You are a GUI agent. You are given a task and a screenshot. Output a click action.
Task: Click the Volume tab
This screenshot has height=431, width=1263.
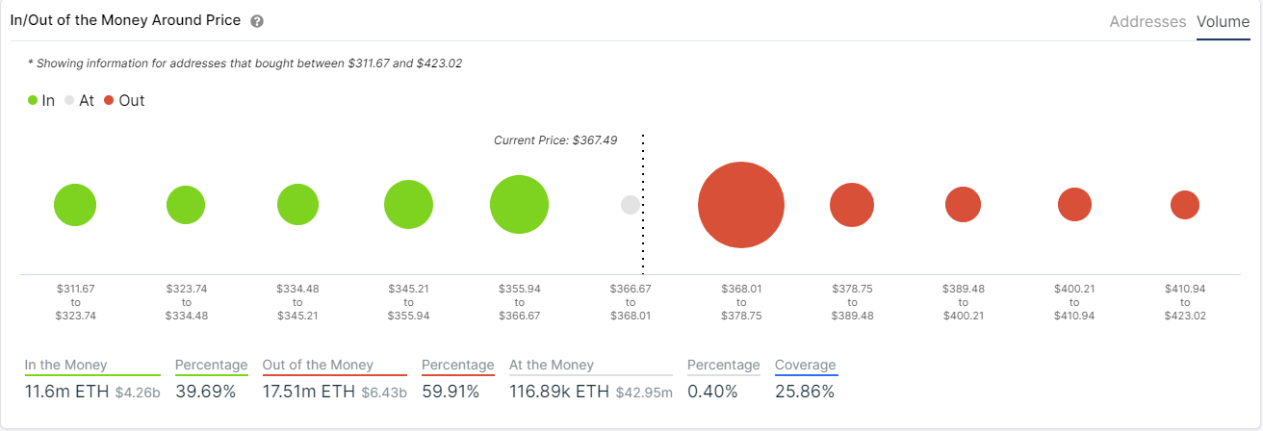(1223, 21)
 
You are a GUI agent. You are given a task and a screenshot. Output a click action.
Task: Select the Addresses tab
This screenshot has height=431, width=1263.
(1147, 21)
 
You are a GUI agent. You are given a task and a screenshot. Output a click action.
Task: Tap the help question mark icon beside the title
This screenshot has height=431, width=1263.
(256, 21)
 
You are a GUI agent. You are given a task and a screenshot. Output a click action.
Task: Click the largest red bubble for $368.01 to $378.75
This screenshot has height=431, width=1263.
(741, 205)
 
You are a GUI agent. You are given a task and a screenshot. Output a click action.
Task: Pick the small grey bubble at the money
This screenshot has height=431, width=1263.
(631, 205)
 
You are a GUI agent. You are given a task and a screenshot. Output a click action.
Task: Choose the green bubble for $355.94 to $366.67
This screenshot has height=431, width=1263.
(519, 205)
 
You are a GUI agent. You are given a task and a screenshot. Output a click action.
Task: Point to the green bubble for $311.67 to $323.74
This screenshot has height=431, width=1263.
(75, 205)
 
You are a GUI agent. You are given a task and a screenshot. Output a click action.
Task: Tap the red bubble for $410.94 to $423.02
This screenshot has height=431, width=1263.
(1184, 205)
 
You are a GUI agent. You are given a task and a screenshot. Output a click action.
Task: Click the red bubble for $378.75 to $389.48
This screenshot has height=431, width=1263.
(852, 205)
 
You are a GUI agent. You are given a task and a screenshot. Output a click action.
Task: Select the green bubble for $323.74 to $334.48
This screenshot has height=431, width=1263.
(186, 205)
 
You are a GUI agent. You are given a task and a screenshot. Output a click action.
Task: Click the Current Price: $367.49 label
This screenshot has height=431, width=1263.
(555, 140)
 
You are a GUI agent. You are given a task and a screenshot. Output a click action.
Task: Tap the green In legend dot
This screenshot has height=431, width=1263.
(33, 100)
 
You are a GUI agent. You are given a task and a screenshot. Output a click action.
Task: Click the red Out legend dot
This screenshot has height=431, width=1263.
(110, 100)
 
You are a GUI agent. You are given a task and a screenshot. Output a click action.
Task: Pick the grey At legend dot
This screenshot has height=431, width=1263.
(69, 100)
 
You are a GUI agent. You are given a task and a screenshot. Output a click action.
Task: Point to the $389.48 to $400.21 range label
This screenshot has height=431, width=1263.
(963, 302)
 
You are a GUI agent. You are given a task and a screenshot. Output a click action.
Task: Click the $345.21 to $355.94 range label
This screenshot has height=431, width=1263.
(408, 302)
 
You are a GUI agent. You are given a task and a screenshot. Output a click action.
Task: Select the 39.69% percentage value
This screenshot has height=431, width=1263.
(205, 392)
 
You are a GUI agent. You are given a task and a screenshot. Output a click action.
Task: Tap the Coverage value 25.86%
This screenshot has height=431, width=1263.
(805, 392)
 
